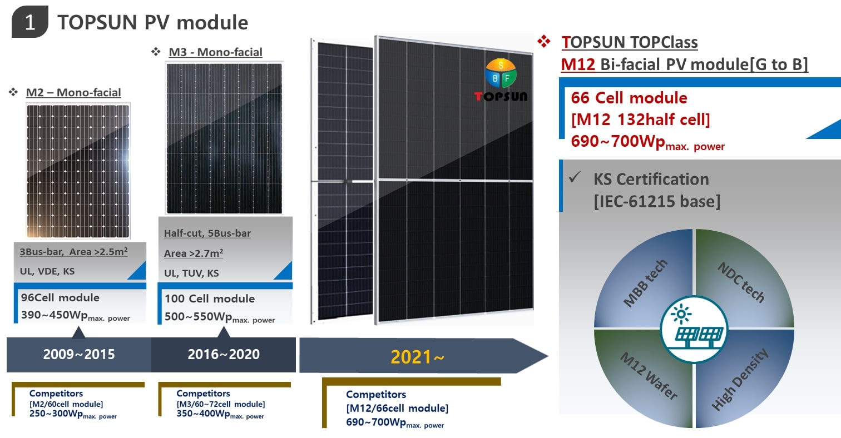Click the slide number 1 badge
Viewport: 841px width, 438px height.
click(x=30, y=23)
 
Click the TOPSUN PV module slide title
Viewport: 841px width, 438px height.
click(x=152, y=22)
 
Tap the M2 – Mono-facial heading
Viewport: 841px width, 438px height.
click(x=73, y=92)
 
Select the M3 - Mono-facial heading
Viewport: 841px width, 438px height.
click(x=215, y=52)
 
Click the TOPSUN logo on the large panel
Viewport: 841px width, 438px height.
click(x=501, y=81)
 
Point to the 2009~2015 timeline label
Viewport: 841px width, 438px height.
click(x=79, y=354)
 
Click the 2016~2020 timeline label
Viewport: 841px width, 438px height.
click(x=224, y=354)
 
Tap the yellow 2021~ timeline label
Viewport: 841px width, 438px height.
click(x=417, y=356)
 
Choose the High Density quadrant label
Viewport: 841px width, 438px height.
click(x=740, y=379)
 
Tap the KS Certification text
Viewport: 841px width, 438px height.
click(x=651, y=179)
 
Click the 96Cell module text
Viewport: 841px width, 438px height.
click(x=60, y=297)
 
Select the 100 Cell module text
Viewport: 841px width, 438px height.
click(x=210, y=298)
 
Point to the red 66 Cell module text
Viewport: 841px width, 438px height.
click(x=629, y=98)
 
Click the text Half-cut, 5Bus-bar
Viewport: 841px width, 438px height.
click(x=207, y=233)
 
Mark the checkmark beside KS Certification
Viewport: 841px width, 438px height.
click(x=575, y=178)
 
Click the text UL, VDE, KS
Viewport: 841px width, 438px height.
click(x=47, y=272)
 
